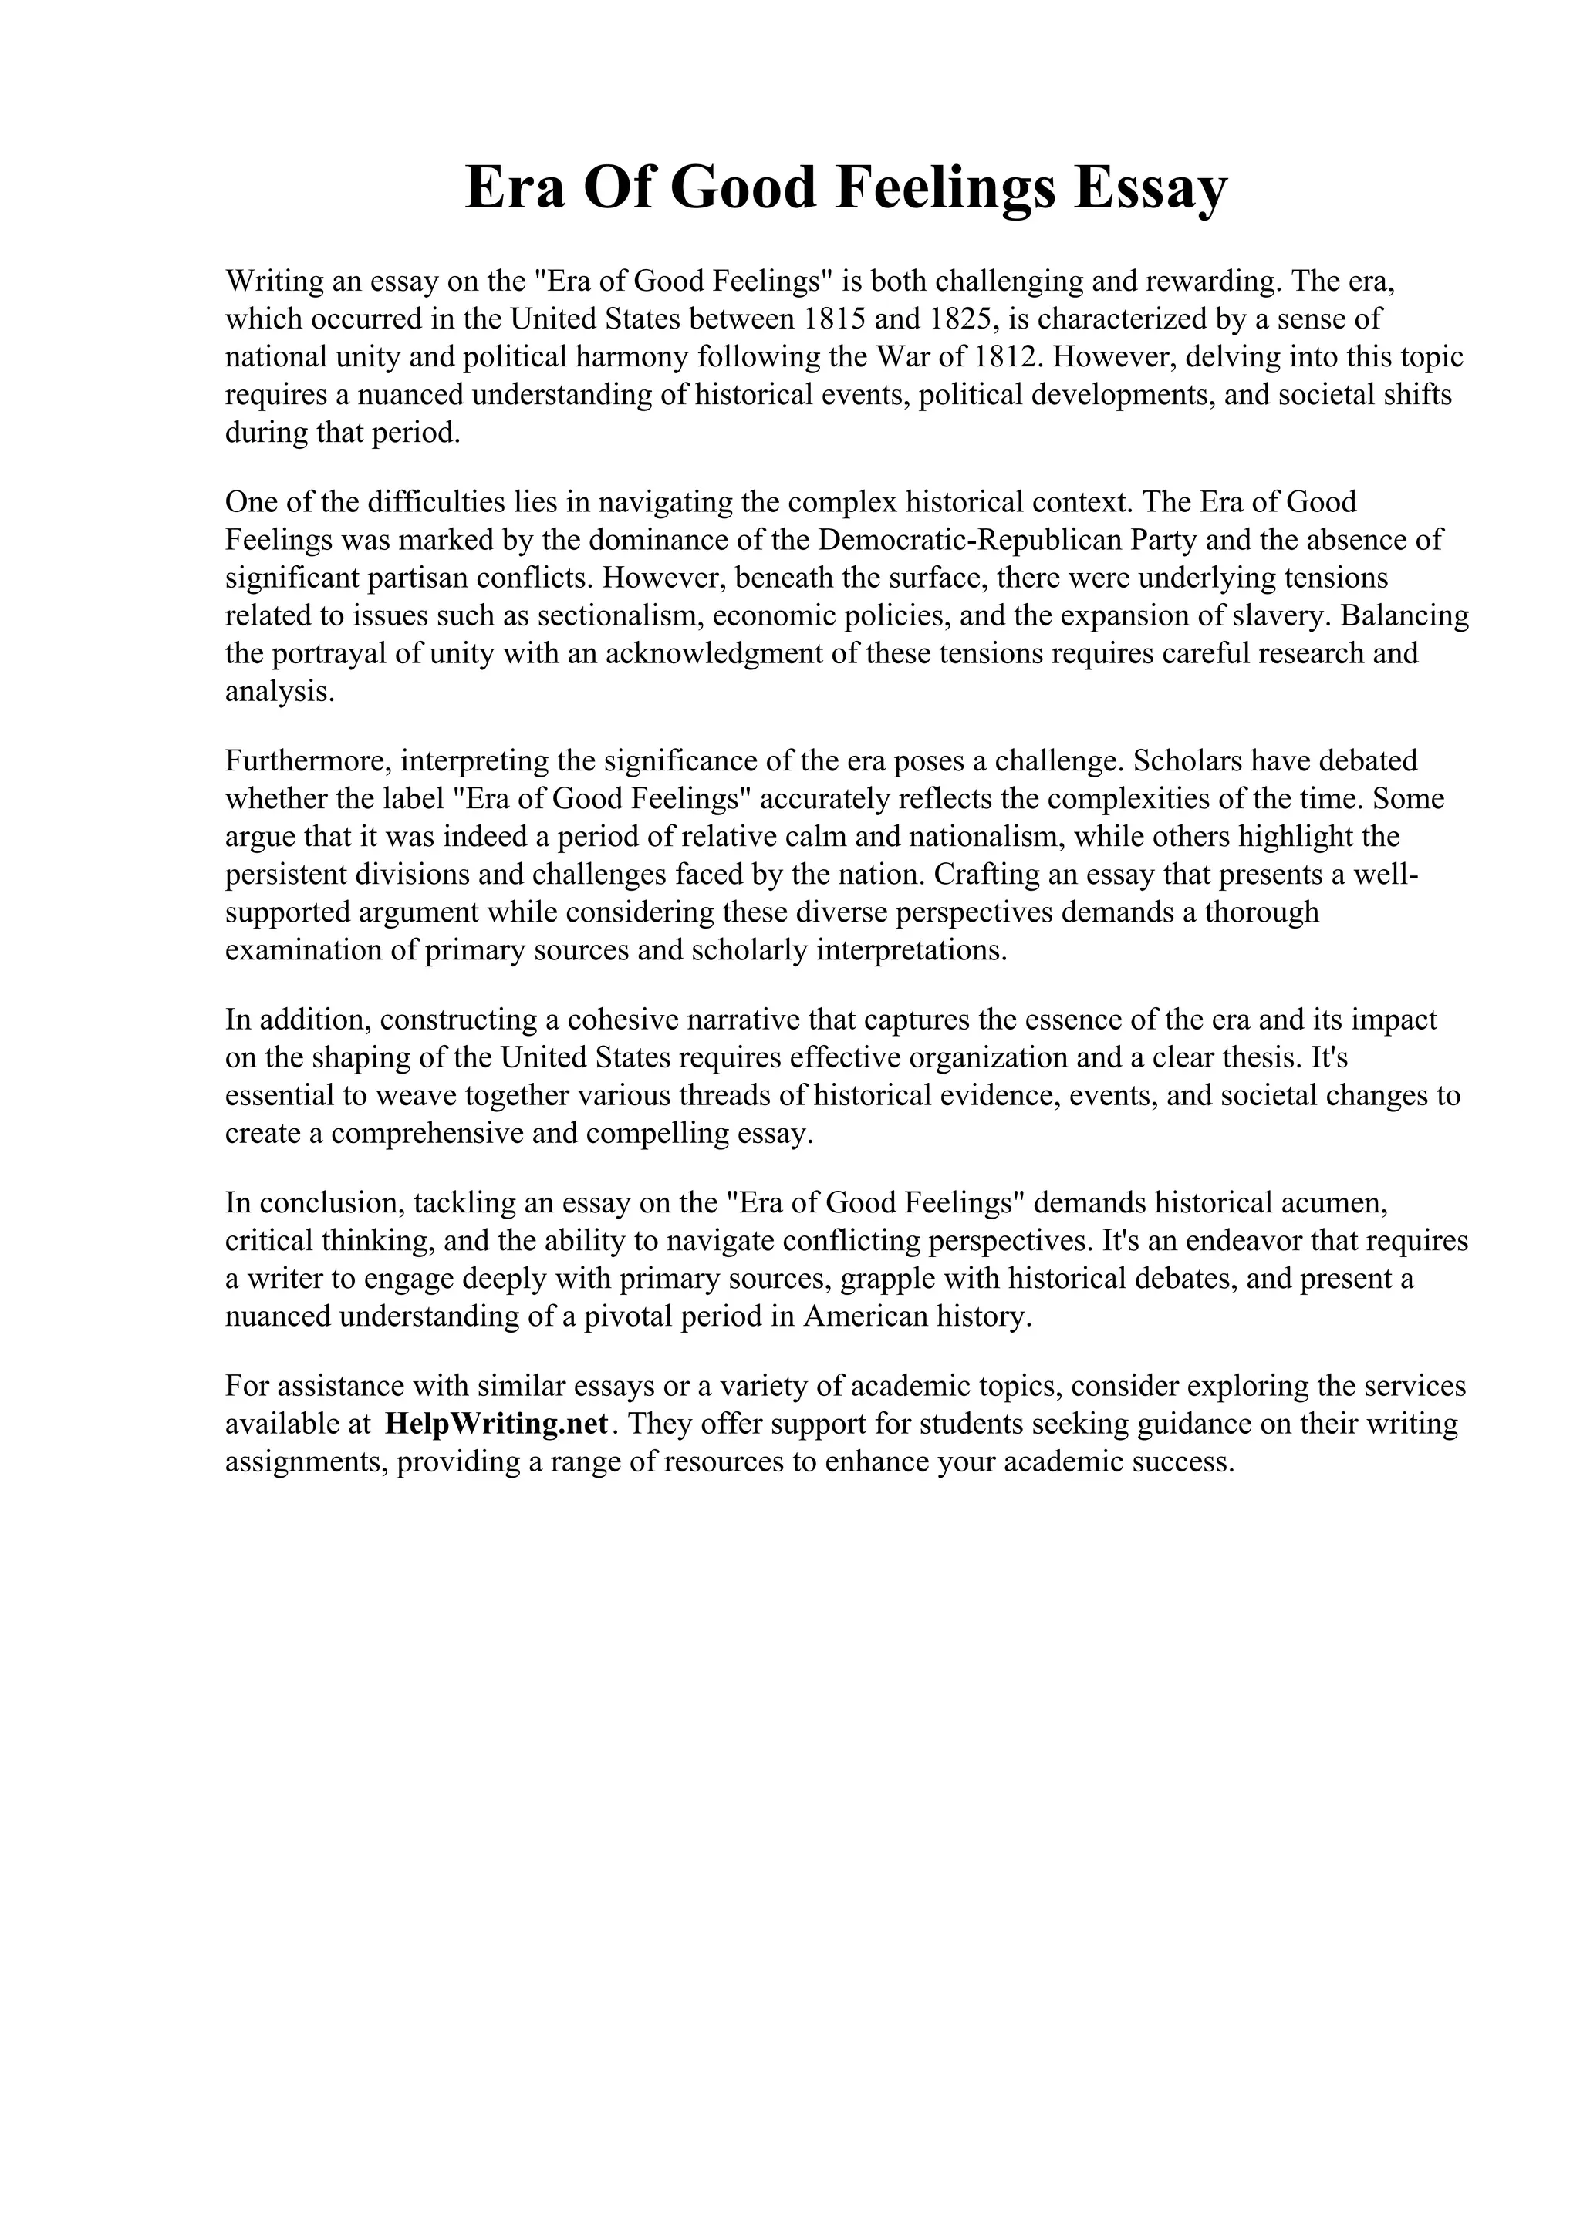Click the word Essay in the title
coord(1151,188)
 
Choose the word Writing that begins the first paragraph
coord(275,282)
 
